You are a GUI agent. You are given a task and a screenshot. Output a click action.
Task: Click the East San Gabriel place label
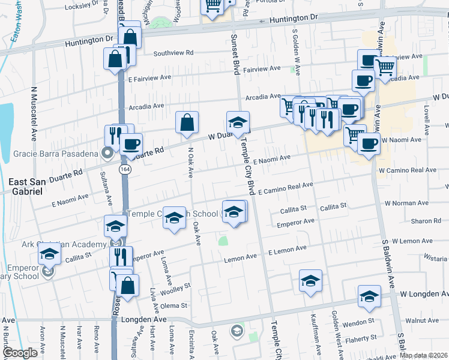[26, 186]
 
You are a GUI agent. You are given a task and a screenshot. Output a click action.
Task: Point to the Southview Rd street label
[173, 53]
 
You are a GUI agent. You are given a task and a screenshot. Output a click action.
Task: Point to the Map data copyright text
[423, 355]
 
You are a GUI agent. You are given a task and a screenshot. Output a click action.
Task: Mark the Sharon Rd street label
[426, 221]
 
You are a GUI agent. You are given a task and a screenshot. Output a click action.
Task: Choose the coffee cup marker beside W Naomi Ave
[369, 144]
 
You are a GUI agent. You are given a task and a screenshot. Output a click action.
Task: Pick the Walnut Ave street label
[423, 321]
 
